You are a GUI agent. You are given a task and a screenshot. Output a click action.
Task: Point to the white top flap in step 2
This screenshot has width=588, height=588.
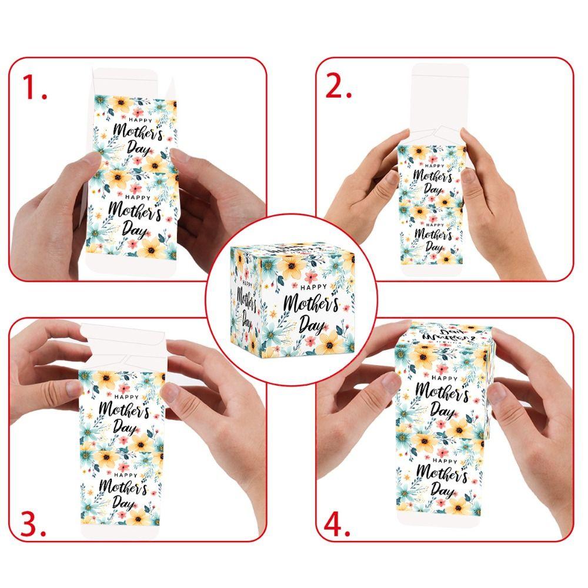pyautogui.click(x=440, y=94)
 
